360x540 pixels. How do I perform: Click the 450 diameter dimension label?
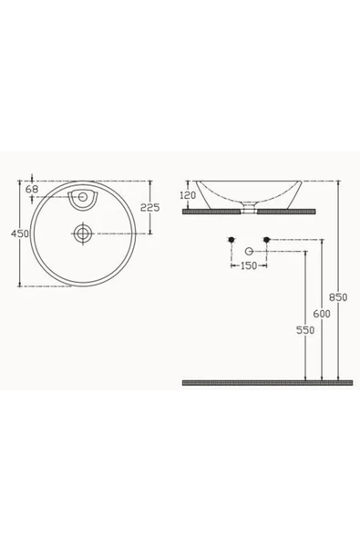point(18,234)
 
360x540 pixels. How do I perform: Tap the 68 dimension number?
point(32,190)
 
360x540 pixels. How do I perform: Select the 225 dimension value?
point(150,207)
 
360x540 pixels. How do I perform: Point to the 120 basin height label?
point(189,195)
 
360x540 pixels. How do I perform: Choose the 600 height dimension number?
point(321,313)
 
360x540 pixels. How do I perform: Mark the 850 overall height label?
point(338,296)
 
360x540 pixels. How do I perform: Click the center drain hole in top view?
point(83,234)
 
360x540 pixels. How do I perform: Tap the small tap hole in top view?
point(83,195)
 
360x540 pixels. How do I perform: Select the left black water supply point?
point(232,239)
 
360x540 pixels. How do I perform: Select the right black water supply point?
point(266,239)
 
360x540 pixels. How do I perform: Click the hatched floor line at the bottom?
point(264,382)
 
